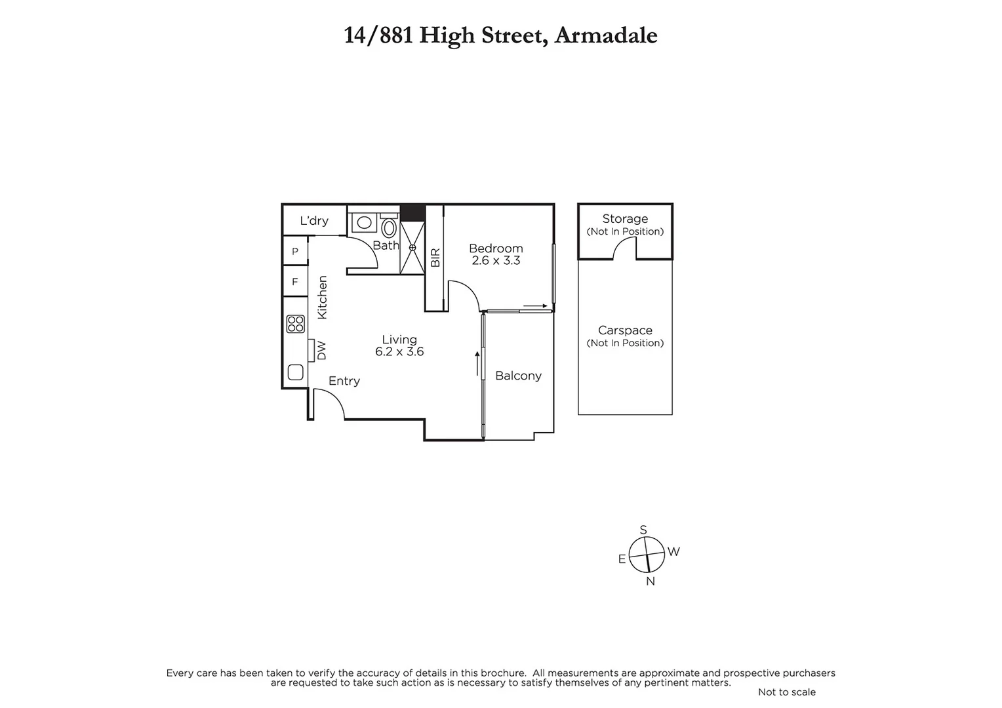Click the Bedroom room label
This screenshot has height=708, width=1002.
click(496, 248)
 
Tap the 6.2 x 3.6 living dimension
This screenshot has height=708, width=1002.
click(399, 352)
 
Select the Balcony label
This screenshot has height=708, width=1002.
click(518, 376)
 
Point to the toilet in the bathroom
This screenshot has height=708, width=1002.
click(389, 228)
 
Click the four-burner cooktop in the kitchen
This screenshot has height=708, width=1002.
click(296, 324)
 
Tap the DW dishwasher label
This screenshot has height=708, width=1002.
click(321, 350)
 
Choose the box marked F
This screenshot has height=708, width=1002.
click(295, 282)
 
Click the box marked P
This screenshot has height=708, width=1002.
click(295, 251)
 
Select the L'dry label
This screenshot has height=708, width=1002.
click(314, 221)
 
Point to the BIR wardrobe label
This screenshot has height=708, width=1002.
click(435, 257)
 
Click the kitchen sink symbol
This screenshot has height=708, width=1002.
click(296, 372)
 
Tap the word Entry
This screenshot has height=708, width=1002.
click(344, 381)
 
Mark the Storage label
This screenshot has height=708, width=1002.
click(625, 219)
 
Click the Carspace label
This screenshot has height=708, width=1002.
click(625, 330)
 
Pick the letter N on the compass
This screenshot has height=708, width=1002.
click(651, 581)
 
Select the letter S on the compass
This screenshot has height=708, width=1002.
click(643, 530)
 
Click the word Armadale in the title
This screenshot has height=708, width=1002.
click(605, 35)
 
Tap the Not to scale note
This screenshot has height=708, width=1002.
click(787, 692)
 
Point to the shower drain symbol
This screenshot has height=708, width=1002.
click(412, 248)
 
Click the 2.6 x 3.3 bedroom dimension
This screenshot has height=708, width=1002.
click(496, 261)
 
